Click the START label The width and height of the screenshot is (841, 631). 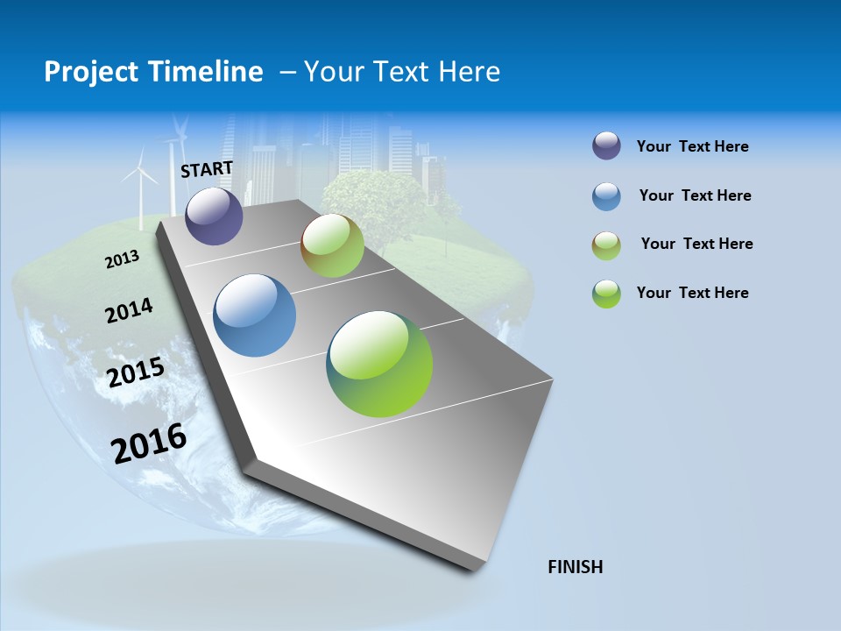(x=207, y=169)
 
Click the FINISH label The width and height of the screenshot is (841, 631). (x=576, y=567)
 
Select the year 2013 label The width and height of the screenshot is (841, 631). (x=123, y=259)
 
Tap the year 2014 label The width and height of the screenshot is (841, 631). (x=129, y=310)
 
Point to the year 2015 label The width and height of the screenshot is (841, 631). (x=136, y=372)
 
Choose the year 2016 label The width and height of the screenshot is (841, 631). (x=149, y=443)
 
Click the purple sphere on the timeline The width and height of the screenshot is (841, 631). (x=214, y=216)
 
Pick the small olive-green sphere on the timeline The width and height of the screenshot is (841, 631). (x=332, y=245)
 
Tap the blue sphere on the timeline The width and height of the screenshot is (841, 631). (x=255, y=315)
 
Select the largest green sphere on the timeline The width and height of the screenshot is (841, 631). (x=379, y=364)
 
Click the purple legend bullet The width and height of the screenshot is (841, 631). (x=606, y=146)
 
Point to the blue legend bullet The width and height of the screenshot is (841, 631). (x=606, y=196)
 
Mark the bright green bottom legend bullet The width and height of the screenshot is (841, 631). (x=606, y=294)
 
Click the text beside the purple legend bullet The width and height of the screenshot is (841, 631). (x=692, y=146)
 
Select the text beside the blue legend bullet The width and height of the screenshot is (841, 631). (x=695, y=195)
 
